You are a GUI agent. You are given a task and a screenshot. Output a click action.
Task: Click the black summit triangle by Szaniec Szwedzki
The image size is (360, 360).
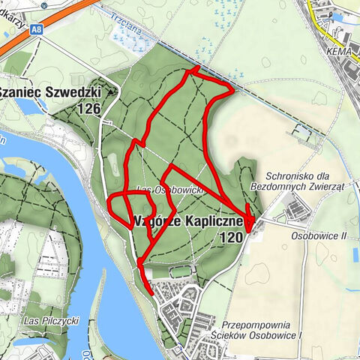[112, 91]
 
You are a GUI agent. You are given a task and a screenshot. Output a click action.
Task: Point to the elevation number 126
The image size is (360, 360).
[88, 108]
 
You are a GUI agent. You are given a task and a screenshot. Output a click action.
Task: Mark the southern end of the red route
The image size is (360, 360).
[153, 293]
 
